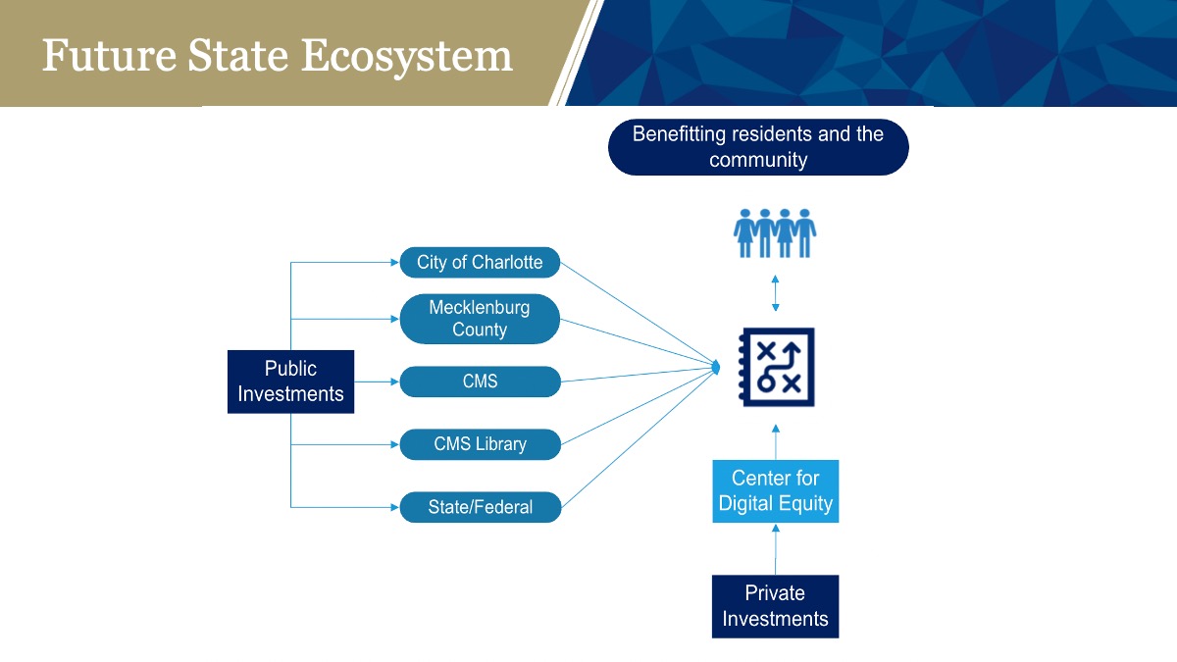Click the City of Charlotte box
[480, 262]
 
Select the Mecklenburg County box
[480, 319]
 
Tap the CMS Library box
[481, 444]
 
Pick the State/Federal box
[481, 507]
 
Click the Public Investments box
[290, 382]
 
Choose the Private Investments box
[775, 606]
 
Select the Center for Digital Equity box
[776, 491]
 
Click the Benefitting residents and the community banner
[758, 147]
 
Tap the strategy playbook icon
[777, 367]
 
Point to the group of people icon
[775, 233]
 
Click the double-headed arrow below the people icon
[775, 293]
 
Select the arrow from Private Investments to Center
[776, 549]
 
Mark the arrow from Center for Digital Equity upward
[776, 442]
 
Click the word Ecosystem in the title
[407, 57]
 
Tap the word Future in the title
[109, 55]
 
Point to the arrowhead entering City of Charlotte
[395, 262]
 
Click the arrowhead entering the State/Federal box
[395, 508]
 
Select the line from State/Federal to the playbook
[640, 437]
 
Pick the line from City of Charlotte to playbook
[640, 314]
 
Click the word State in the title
[238, 55]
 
